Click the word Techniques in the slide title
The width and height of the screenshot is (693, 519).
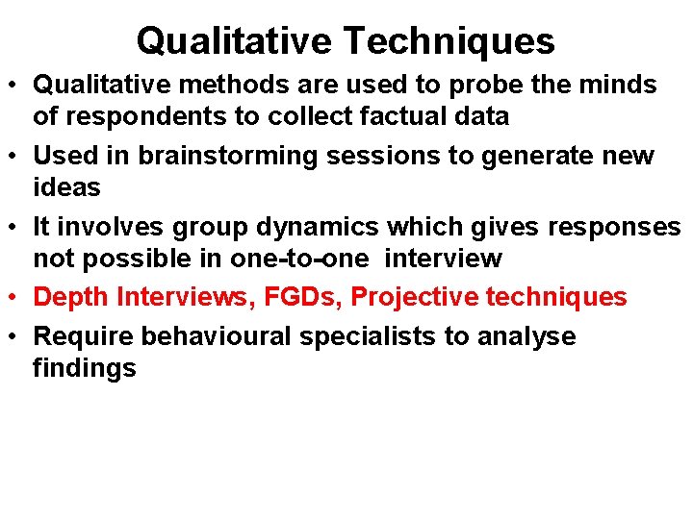pos(449,41)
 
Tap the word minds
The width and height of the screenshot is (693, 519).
pos(618,85)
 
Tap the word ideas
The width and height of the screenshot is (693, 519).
pos(66,187)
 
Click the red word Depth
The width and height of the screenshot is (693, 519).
pos(71,297)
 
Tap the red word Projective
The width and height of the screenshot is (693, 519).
pos(414,297)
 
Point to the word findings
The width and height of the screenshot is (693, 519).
pos(85,368)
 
